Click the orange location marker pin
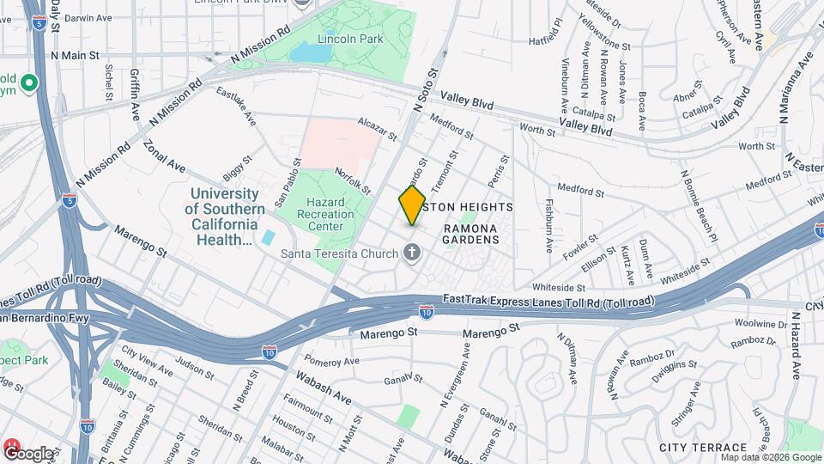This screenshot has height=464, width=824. (412, 205)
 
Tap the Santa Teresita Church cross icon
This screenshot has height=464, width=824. (412, 253)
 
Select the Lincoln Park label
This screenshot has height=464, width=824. (338, 40)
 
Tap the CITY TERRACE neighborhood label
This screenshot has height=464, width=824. (703, 448)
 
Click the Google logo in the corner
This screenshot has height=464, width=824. (28, 452)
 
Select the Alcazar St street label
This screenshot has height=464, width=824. (377, 129)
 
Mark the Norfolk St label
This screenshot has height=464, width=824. (352, 180)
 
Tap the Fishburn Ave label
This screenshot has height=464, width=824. (549, 226)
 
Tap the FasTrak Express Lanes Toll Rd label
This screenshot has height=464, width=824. (548, 301)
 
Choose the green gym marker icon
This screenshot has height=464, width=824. (29, 83)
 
